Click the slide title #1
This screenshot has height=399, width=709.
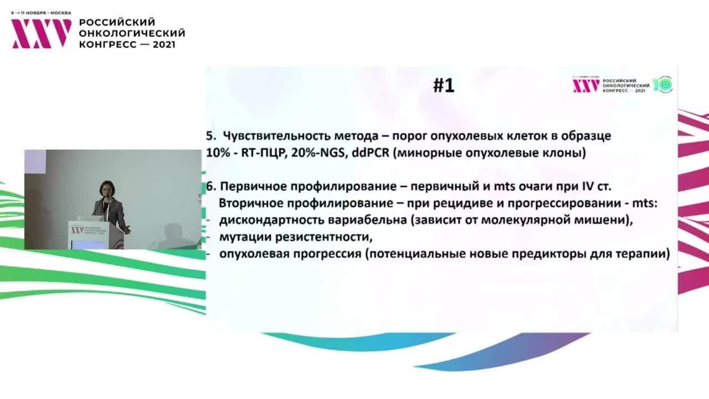[443, 85]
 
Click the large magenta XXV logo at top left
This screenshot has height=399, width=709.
[42, 33]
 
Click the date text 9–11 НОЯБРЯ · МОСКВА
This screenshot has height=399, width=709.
[41, 13]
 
